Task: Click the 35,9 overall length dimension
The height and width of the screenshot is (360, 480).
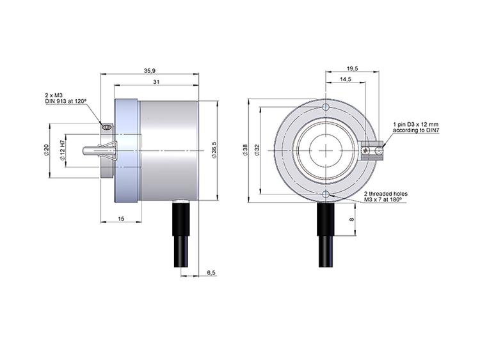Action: (150, 70)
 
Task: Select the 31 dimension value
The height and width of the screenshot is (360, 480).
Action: (156, 82)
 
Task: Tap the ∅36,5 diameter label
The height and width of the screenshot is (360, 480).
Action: (214, 150)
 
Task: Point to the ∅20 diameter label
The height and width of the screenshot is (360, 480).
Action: (46, 150)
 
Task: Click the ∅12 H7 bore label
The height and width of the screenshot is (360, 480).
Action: (61, 150)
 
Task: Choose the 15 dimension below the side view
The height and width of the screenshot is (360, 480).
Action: (121, 219)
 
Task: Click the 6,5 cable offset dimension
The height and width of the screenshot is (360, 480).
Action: (211, 272)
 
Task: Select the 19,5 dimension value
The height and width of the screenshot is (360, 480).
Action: (353, 69)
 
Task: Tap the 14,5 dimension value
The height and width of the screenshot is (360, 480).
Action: (346, 79)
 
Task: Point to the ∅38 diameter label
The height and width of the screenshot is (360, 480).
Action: (245, 150)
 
